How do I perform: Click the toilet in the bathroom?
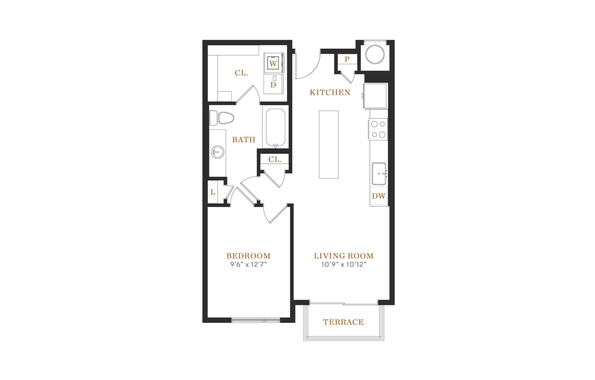pos(222,118)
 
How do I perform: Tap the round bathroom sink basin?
pos(218,152)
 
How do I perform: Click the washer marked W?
pos(274,63)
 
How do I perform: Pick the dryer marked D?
pos(274,84)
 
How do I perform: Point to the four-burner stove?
pos(378,129)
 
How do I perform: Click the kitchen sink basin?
pos(379,174)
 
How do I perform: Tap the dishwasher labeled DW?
pos(379,196)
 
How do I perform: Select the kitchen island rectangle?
pos(329,145)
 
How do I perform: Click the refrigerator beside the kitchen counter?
pos(375,96)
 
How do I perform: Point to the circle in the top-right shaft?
pos(375,54)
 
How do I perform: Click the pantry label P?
pos(347,59)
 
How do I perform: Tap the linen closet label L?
pos(213,192)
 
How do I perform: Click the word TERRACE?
pos(343,322)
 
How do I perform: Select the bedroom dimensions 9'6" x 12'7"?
pos(248,265)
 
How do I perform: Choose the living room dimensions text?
pos(344,265)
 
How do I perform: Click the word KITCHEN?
pos(330,92)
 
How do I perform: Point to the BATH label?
pos(244,139)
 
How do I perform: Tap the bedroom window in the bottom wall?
pos(256,320)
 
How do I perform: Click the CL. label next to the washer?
pos(241,73)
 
